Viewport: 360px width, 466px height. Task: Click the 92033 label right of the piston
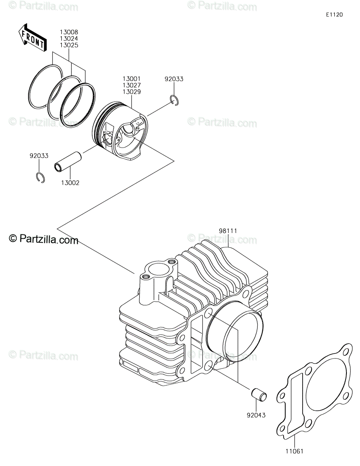tap(174, 79)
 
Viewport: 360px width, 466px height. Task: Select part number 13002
tap(70, 183)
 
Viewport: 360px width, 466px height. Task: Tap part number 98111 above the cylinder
tap(228, 231)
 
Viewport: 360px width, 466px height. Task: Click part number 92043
tap(256, 415)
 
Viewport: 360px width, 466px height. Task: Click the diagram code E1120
tap(334, 15)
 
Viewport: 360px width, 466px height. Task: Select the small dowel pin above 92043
tap(259, 395)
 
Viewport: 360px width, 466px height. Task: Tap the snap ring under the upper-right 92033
tap(174, 100)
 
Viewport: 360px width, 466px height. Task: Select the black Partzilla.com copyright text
tap(43, 240)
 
